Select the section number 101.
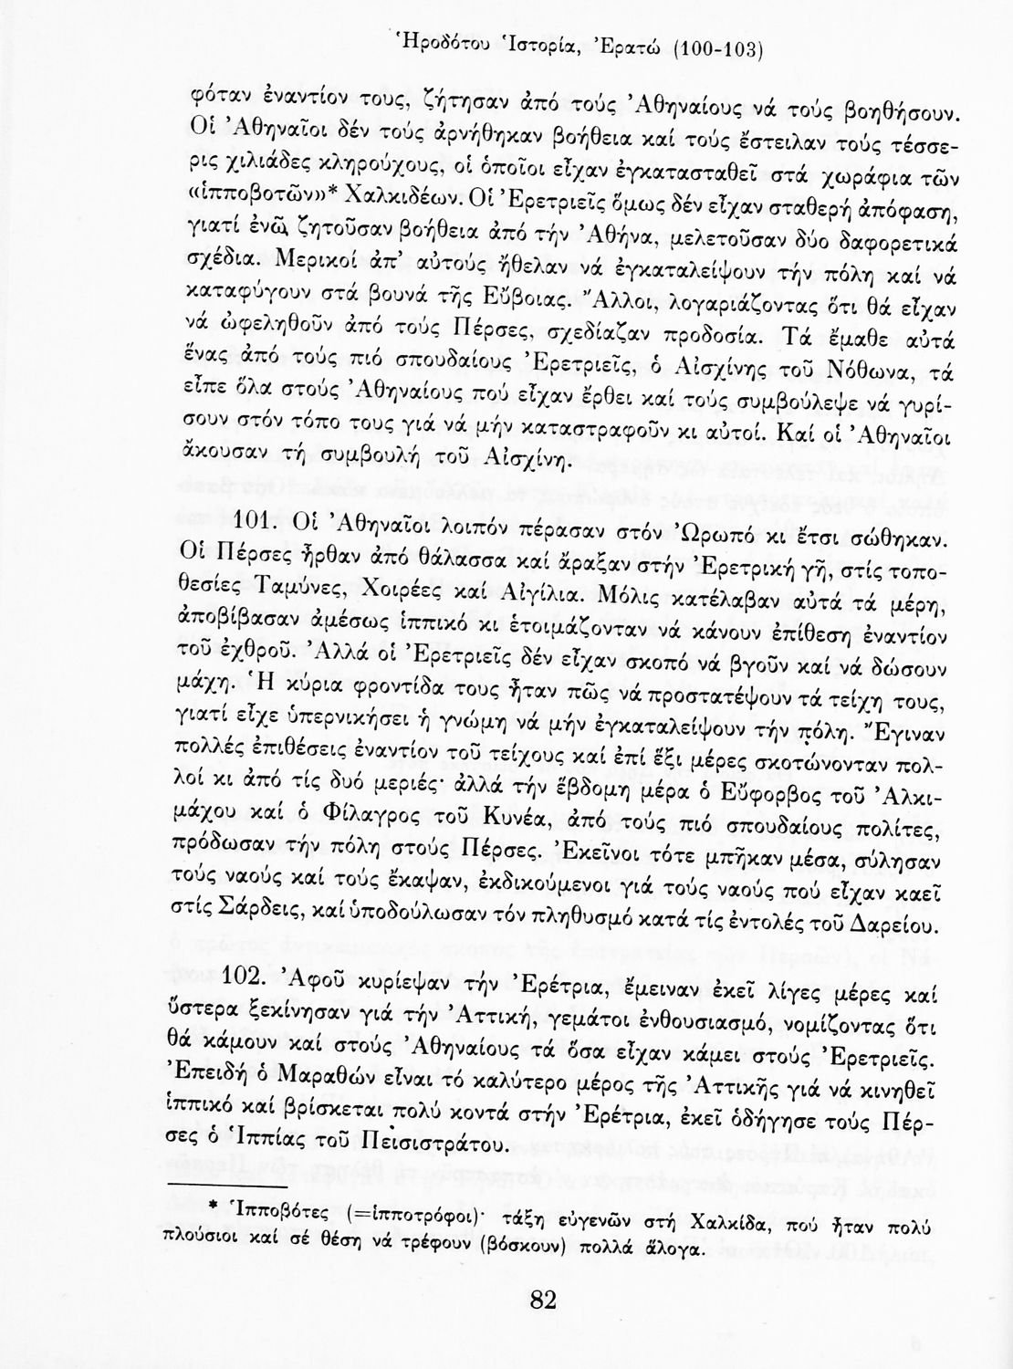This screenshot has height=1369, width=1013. (x=263, y=521)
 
